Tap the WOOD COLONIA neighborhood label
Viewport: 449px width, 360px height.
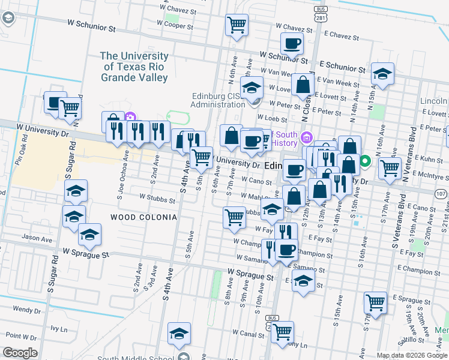point(143,217)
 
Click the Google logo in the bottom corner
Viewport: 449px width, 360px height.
point(20,353)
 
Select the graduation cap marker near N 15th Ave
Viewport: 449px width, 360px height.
point(382,74)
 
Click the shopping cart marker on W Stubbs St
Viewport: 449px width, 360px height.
point(234,217)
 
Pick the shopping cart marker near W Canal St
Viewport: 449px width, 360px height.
point(282,331)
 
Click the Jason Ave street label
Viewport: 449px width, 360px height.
point(38,238)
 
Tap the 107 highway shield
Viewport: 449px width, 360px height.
point(441,194)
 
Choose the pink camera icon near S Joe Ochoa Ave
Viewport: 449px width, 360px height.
point(130,117)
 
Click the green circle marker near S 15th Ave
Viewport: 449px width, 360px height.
point(364,161)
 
